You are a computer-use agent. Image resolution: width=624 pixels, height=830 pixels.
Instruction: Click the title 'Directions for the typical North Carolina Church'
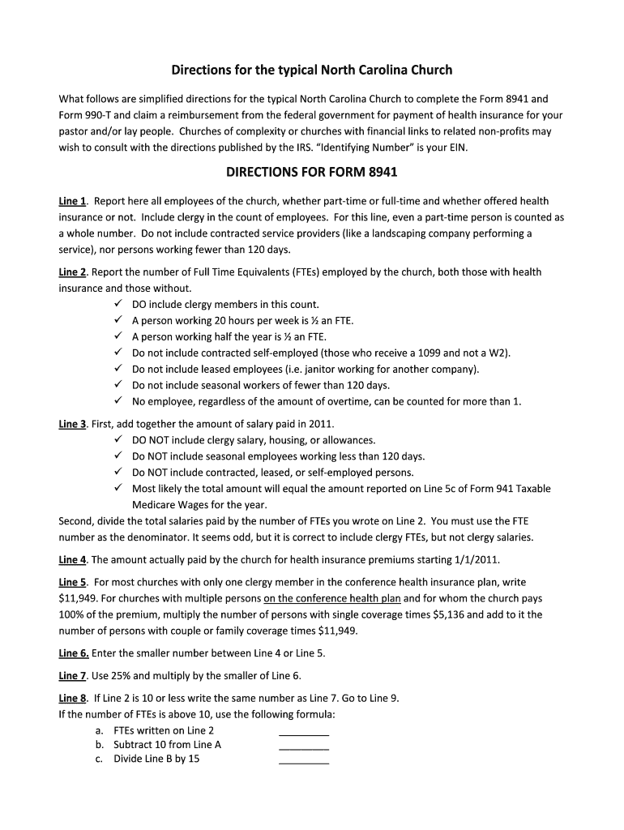point(311,70)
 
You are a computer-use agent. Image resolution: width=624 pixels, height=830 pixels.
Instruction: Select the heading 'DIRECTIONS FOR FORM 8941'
point(311,173)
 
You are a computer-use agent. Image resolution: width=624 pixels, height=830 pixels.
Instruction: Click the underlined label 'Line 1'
point(72,201)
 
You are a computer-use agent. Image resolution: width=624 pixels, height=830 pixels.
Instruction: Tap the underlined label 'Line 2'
point(72,272)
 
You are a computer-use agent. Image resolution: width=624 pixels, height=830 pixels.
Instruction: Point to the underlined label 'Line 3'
point(72,424)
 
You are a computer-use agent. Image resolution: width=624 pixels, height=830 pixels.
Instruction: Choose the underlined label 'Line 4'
point(72,560)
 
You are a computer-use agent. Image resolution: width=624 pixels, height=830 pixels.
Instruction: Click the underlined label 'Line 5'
point(72,582)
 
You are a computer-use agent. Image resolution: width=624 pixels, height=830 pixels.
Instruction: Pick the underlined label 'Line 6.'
point(74,653)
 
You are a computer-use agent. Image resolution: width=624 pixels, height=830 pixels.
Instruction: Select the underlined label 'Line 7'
point(72,676)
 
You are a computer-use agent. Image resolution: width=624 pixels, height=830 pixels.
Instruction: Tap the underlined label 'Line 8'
point(72,699)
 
